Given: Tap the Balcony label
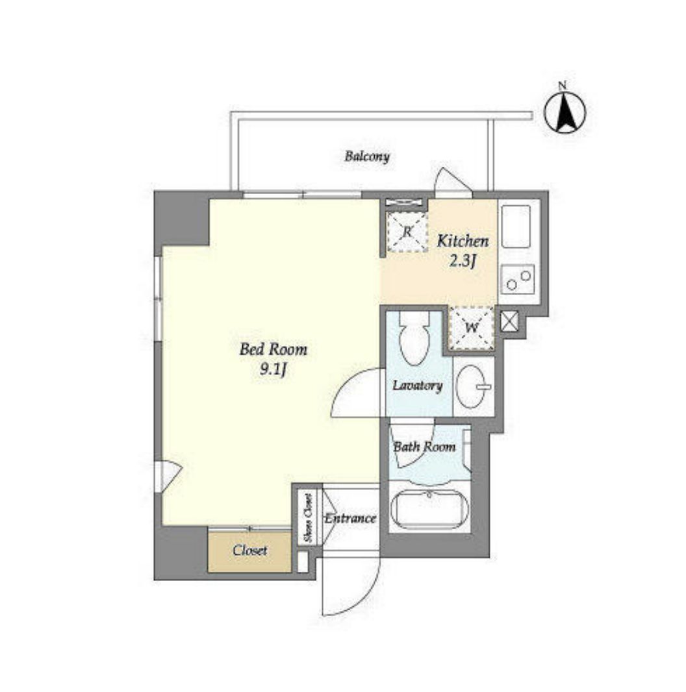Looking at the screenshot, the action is click(367, 156).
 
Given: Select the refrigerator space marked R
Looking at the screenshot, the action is click(407, 232).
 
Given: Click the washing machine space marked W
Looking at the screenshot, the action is click(472, 328).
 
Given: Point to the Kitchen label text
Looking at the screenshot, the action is click(463, 241).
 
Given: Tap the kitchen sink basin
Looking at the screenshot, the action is click(516, 226).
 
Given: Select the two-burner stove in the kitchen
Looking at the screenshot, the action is click(518, 280).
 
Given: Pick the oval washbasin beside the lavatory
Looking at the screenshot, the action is click(471, 387).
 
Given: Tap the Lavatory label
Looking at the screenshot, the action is click(418, 386).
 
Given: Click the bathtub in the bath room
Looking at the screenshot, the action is click(429, 508).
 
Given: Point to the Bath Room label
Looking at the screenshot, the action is click(424, 447).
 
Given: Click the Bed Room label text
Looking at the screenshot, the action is click(273, 349).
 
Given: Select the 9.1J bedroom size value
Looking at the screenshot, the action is click(273, 370).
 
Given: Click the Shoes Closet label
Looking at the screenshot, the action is click(308, 517).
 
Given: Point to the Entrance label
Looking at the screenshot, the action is click(351, 518).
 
